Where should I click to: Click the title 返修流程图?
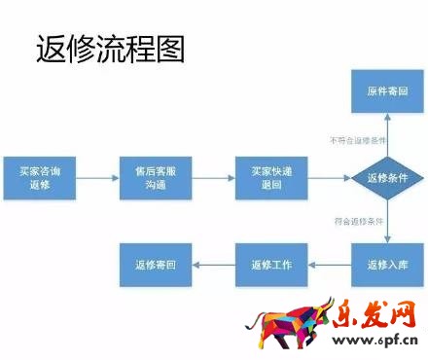[109, 50]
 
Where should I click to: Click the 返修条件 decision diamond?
[386, 177]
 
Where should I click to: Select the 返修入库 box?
[386, 264]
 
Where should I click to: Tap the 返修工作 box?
[271, 264]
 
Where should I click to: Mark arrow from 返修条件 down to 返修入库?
[386, 221]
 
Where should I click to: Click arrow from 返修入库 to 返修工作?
[330, 264]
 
